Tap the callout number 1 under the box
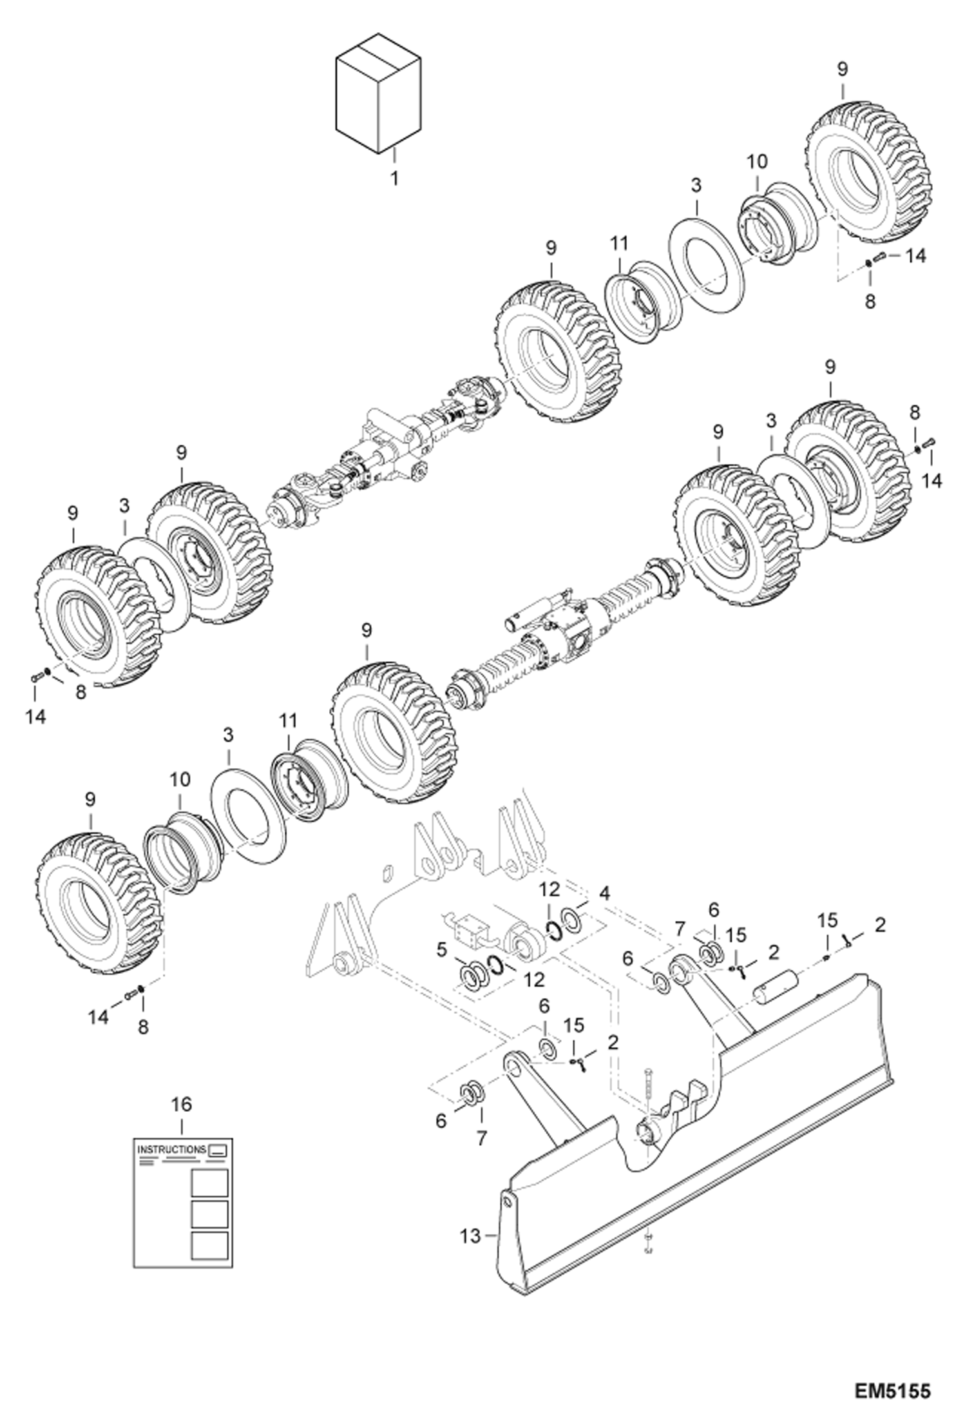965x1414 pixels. click(x=394, y=177)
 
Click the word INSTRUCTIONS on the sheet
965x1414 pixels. click(x=171, y=1149)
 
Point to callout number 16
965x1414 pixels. click(x=182, y=1104)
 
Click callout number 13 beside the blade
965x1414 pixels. click(x=471, y=1235)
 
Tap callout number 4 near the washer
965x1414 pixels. click(x=604, y=895)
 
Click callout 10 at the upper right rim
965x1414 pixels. click(x=757, y=162)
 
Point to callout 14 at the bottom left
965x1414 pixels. click(x=99, y=1017)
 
